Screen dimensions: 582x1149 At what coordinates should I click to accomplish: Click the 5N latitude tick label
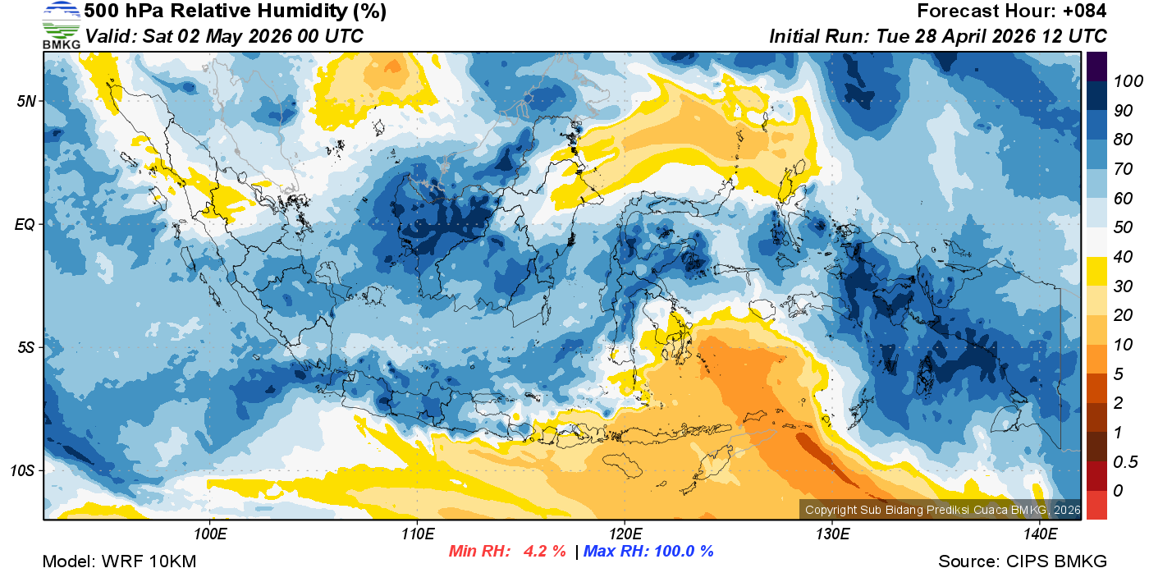[x=27, y=101]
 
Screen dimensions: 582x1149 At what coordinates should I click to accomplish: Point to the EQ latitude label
[x=26, y=224]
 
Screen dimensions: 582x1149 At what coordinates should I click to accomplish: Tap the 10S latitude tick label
[x=24, y=470]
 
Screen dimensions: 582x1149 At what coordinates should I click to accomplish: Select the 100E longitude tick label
[x=210, y=534]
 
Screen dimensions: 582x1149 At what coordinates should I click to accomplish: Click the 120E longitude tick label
[x=625, y=534]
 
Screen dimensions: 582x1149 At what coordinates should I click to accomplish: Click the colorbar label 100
[x=1123, y=81]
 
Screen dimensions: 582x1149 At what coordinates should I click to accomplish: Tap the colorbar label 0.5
[x=1123, y=461]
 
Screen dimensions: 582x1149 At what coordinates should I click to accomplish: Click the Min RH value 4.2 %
[x=544, y=552]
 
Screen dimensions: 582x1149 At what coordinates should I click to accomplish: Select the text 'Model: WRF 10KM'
[x=119, y=561]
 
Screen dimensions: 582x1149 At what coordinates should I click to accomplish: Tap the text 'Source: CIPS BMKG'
[x=1023, y=561]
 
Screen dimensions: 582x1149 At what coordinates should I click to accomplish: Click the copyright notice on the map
[x=942, y=511]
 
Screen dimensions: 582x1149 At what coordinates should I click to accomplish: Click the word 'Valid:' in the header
[x=112, y=36]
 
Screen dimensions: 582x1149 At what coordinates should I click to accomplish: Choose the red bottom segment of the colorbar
[x=1096, y=505]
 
